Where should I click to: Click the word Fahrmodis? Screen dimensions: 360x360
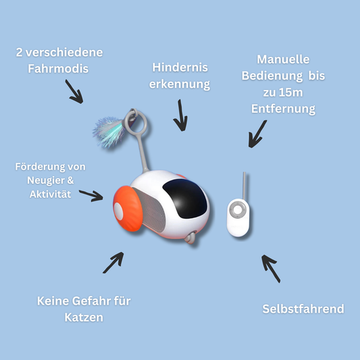[x=58, y=69]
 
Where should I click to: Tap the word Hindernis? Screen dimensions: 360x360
[x=180, y=68]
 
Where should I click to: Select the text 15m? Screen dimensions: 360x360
[x=291, y=93]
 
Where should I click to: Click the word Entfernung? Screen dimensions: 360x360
[x=283, y=109]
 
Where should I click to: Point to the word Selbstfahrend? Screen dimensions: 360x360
[x=303, y=309]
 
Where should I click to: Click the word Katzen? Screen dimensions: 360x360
[x=84, y=317]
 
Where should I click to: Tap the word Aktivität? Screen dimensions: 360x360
[x=50, y=195]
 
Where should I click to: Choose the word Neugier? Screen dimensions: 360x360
[x=46, y=180]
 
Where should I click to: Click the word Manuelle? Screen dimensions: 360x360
[x=283, y=59]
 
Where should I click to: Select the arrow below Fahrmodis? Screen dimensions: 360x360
[x=74, y=91]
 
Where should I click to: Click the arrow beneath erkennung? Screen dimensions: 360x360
[x=180, y=115]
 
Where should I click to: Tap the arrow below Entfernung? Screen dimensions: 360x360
[x=257, y=134]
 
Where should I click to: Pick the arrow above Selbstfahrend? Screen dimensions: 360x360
[x=271, y=268]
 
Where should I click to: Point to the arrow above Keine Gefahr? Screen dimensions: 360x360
[x=113, y=263]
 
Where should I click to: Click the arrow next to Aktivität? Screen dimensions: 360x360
[x=91, y=196]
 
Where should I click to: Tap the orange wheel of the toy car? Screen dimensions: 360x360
[x=128, y=209]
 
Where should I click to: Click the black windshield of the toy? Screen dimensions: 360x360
[x=185, y=199]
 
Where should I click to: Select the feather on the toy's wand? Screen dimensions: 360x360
[x=108, y=132]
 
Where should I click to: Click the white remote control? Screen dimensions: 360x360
[x=238, y=217]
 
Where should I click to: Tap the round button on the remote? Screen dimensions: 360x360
[x=237, y=209]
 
